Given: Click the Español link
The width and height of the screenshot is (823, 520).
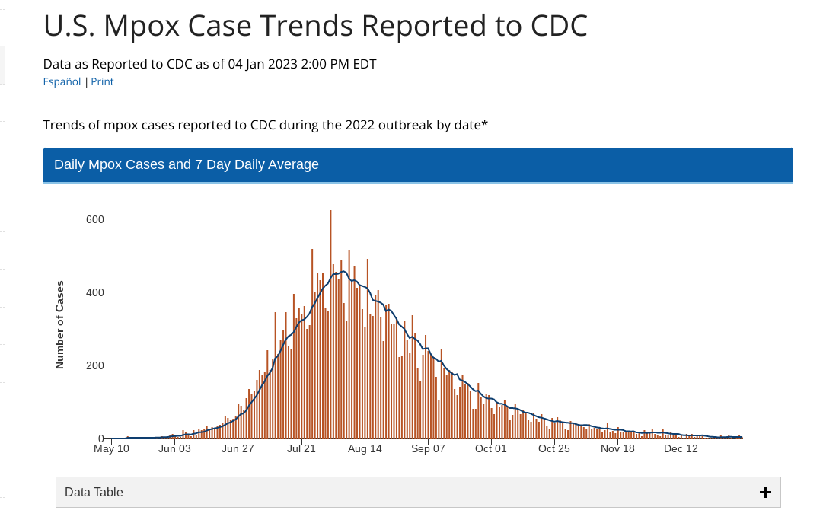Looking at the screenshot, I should (62, 81).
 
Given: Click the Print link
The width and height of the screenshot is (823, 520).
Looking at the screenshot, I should (102, 81).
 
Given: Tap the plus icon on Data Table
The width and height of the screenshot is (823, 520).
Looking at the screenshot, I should (765, 493).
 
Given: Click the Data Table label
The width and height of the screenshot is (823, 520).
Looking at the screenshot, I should (94, 493).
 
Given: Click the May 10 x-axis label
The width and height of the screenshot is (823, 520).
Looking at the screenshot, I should (111, 449).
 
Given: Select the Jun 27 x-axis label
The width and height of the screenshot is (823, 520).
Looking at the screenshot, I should (238, 449).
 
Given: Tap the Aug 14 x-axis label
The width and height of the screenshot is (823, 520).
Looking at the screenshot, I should (365, 449).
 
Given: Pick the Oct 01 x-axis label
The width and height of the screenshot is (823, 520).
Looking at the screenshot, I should (491, 449).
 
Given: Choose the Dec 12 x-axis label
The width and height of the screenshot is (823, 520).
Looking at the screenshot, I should (681, 449).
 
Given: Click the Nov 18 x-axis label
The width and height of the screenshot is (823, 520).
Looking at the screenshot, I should (617, 449).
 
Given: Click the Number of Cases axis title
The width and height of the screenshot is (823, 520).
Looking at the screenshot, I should (59, 325).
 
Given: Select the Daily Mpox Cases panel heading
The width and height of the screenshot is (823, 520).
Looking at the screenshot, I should (187, 164).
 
